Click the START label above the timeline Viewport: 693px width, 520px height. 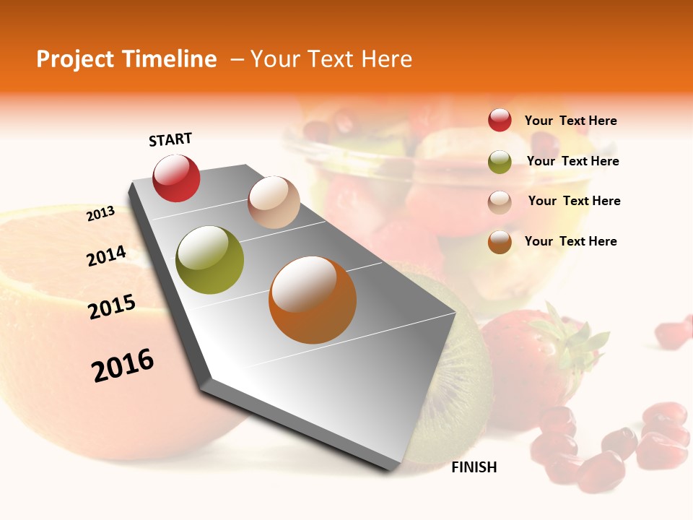tap(170, 139)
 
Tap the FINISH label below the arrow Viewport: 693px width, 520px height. tap(474, 467)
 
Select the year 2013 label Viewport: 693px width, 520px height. tap(101, 214)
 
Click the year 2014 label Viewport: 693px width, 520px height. tap(107, 256)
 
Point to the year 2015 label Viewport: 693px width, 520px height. tap(112, 306)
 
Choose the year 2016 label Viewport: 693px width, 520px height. tap(123, 365)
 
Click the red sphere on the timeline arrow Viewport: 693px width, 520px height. tap(176, 178)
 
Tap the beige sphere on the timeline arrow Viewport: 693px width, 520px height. tap(274, 202)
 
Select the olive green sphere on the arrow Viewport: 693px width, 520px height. tap(209, 260)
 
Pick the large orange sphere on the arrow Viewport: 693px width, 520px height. tap(312, 300)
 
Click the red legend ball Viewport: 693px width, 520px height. tap(500, 120)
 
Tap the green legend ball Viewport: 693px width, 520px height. tap(500, 162)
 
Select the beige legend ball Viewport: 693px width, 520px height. tap(500, 202)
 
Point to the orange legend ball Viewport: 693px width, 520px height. tap(500, 242)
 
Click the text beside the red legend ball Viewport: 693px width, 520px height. tap(570, 121)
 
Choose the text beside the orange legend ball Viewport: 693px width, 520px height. tap(570, 241)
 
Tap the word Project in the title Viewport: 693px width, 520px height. tap(74, 59)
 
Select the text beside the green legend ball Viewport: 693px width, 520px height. tap(572, 161)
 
